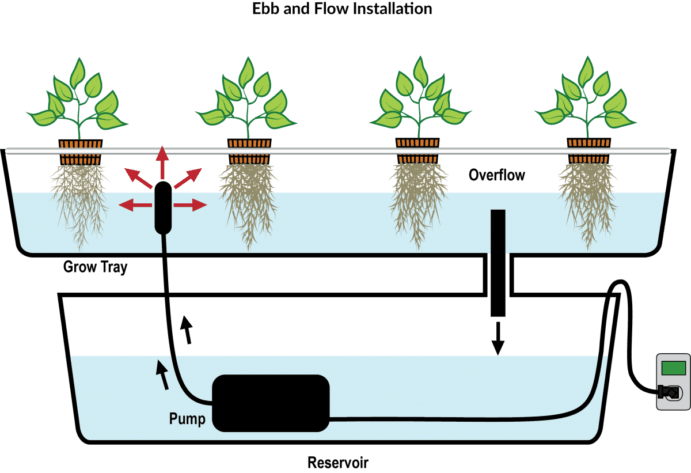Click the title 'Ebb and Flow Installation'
(342, 9)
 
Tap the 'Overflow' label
(496, 175)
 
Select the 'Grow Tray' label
(95, 267)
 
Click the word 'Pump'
(187, 419)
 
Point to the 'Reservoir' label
(338, 463)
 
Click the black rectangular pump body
(271, 403)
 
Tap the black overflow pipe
(498, 262)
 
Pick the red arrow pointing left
(134, 204)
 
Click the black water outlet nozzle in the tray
(163, 207)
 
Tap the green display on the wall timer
(673, 368)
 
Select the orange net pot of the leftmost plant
(81, 144)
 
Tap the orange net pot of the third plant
(417, 144)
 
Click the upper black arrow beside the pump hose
(187, 330)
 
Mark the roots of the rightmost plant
(586, 202)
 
